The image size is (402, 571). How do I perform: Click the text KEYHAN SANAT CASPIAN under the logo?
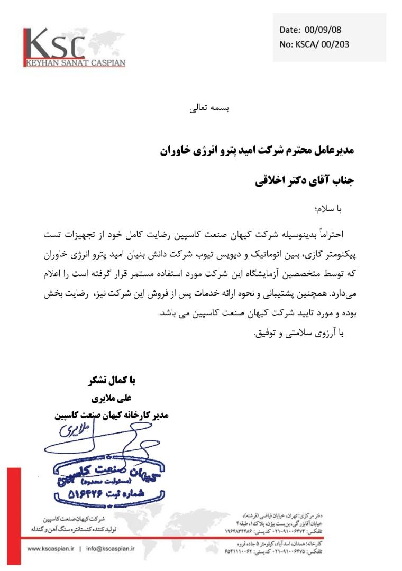(x=75, y=63)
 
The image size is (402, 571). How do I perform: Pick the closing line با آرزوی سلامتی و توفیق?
(x=299, y=333)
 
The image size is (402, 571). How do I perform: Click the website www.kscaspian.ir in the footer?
(x=50, y=549)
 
